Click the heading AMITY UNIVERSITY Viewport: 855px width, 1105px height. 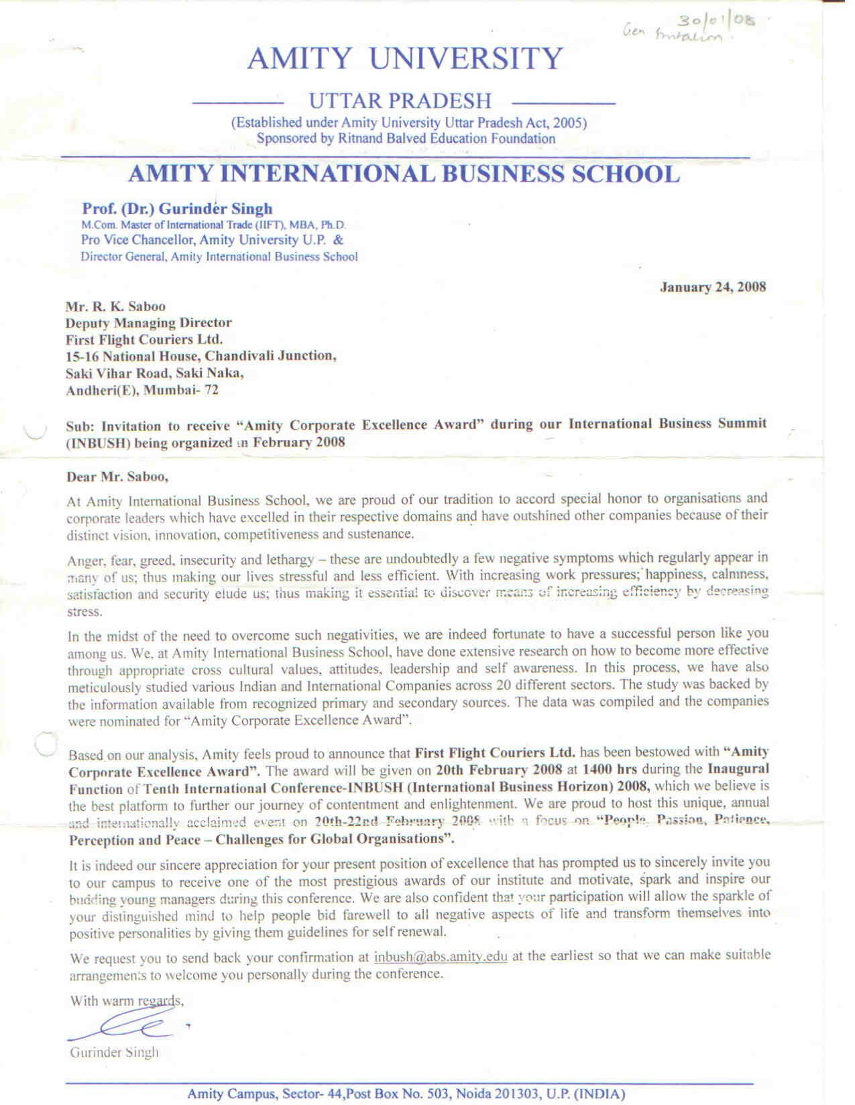[x=405, y=59]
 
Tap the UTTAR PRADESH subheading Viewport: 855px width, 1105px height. [x=400, y=101]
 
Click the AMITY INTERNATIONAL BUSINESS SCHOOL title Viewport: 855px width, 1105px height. [x=404, y=174]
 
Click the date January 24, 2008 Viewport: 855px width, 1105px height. [x=713, y=288]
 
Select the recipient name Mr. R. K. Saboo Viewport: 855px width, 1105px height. [x=115, y=307]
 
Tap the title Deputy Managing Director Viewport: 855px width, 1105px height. [x=148, y=323]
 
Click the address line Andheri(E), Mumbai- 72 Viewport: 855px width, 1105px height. [x=142, y=390]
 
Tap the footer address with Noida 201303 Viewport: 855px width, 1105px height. [x=406, y=1094]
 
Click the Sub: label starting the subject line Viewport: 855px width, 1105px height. [x=78, y=426]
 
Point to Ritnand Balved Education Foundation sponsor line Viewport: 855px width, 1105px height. [x=406, y=139]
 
